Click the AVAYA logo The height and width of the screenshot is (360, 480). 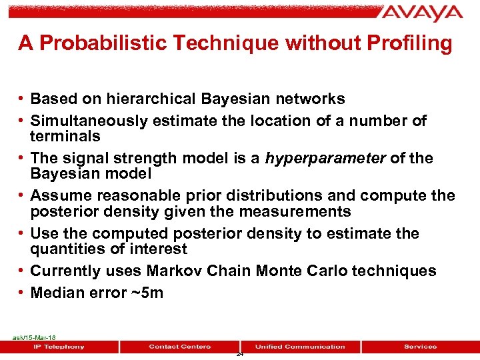pyautogui.click(x=422, y=13)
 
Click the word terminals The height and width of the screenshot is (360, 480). pyautogui.click(x=65, y=137)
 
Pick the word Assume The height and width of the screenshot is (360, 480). pyautogui.click(x=59, y=196)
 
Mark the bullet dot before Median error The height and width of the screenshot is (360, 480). pyautogui.click(x=22, y=293)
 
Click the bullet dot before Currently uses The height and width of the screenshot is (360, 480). pyautogui.click(x=22, y=271)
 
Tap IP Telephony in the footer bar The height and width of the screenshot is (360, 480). pyautogui.click(x=59, y=347)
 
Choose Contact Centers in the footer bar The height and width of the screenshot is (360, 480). pyautogui.click(x=179, y=347)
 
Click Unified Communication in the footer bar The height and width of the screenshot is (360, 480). pyautogui.click(x=300, y=347)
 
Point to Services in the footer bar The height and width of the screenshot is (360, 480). pyautogui.click(x=420, y=347)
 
